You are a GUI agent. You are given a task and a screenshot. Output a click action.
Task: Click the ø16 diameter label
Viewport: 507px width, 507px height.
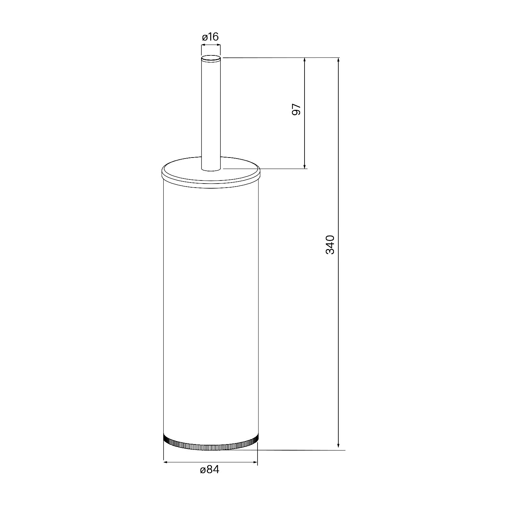[210, 37]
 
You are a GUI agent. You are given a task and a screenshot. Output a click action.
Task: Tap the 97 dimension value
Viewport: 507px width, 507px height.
[296, 110]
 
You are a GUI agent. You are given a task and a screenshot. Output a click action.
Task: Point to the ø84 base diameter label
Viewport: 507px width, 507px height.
[210, 469]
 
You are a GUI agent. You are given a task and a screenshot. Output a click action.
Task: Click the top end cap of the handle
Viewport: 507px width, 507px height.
[211, 58]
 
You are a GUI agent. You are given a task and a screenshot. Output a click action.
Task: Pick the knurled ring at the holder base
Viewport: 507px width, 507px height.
[210, 443]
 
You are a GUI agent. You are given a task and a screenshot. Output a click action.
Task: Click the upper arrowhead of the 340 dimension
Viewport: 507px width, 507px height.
[338, 61]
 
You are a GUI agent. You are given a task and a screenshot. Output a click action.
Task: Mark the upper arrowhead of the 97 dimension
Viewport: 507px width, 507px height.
[305, 61]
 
